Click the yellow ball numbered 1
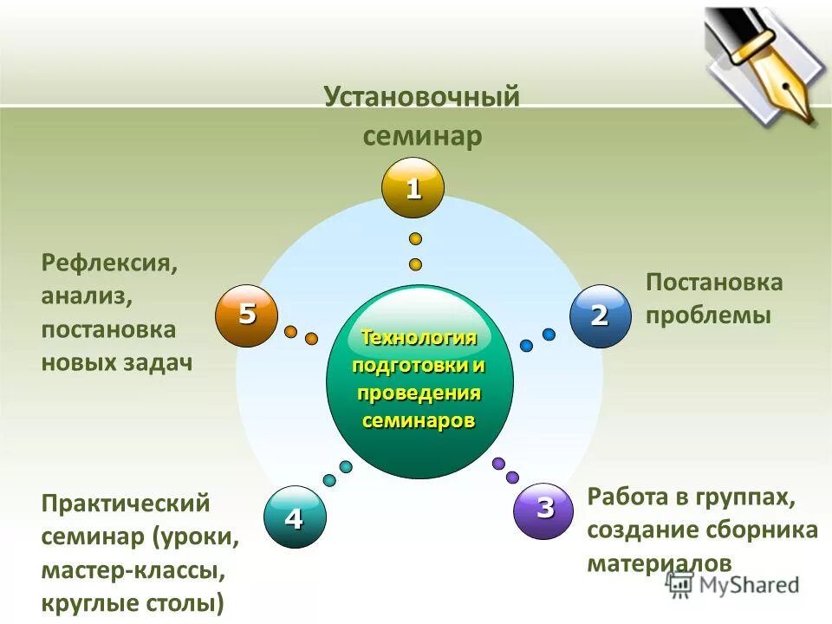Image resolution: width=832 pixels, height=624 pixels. [x=413, y=188]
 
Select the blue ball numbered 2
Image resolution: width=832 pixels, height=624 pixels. [x=599, y=316]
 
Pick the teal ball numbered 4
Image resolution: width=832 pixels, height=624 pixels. [x=294, y=518]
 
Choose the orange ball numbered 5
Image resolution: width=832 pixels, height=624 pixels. [x=247, y=315]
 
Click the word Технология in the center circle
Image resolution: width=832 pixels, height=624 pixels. [x=419, y=337]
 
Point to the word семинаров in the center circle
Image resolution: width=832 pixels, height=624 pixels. [x=419, y=421]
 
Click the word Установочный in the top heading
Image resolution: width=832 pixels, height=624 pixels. [x=422, y=96]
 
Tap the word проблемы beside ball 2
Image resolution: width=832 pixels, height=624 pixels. [x=707, y=315]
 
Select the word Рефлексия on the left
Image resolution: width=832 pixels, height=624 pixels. [x=109, y=263]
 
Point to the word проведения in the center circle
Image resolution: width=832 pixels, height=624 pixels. [x=419, y=393]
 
